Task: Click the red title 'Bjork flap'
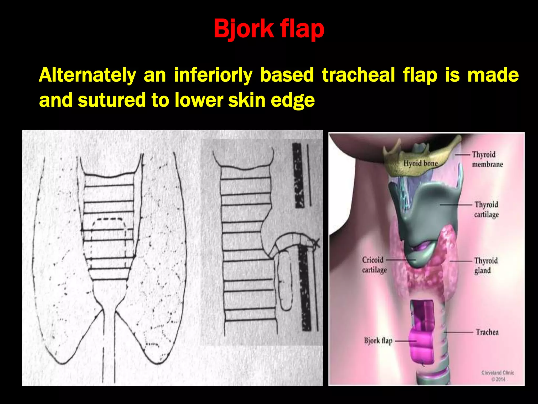[x=269, y=29]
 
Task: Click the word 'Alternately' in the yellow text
[x=87, y=75]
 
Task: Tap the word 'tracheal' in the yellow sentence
[x=358, y=75]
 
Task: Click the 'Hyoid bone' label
[x=420, y=164]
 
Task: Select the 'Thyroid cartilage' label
[x=486, y=209]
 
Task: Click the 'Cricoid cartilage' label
[x=374, y=265]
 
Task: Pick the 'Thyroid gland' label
[x=485, y=265]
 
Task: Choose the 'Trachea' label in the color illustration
[x=487, y=332]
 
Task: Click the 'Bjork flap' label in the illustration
[x=378, y=341]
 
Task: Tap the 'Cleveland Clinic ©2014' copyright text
[x=498, y=376]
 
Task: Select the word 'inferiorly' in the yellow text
[x=213, y=75]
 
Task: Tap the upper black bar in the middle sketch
[x=298, y=175]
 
